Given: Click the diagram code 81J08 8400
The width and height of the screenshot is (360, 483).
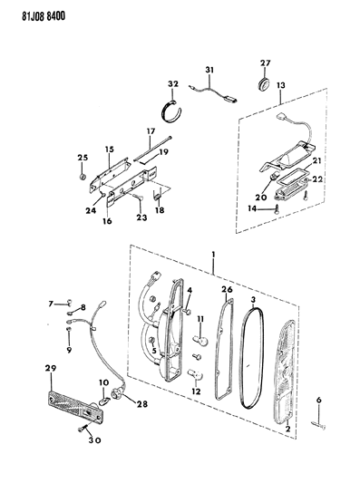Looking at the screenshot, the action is pos(44,16).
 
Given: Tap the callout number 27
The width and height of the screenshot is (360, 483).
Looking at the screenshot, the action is pos(265,63).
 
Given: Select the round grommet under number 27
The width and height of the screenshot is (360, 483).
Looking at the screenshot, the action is pos(264,84).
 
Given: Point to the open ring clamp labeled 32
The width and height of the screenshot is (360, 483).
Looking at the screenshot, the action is pos(171,111).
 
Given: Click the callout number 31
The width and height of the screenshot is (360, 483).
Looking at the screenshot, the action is pos(209,71).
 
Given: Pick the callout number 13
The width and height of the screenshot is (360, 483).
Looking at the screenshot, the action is pos(281,85).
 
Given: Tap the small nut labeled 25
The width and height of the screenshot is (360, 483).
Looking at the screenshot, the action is pos(83,177).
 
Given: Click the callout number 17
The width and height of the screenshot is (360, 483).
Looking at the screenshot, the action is pos(151,131).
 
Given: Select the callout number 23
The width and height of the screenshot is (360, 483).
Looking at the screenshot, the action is pos(142,217).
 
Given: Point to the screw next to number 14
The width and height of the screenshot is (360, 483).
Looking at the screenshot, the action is pos(277,208).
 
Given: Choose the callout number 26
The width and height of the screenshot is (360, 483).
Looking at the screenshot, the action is pos(227,290).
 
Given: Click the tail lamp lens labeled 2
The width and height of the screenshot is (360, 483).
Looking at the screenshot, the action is pos(284,372).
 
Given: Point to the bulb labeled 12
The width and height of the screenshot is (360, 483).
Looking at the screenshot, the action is pos(195,375).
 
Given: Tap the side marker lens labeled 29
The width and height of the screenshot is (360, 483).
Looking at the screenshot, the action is pos(75,407).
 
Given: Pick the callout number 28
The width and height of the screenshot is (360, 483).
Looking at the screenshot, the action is pos(142,404).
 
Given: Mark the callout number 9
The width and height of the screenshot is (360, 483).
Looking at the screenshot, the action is pos(68,350).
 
